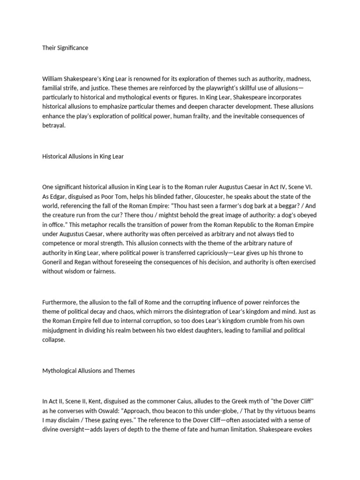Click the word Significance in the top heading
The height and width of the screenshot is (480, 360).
point(72,48)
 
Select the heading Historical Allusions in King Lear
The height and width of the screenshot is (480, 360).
point(83,157)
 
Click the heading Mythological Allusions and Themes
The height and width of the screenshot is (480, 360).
point(89,371)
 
